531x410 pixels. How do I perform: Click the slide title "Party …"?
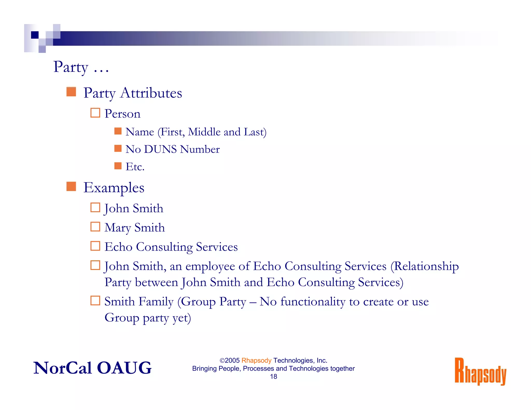coord(81,67)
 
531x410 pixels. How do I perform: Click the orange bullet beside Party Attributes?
coord(71,92)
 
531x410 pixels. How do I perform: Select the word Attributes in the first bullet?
coord(151,93)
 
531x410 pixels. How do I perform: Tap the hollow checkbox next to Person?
coord(95,113)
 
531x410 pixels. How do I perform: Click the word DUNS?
coord(160,149)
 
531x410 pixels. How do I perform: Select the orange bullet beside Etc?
coord(118,166)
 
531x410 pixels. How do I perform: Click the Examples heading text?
coord(114,188)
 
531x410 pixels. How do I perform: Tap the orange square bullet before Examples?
coord(71,186)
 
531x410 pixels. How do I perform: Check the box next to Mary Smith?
coord(95,227)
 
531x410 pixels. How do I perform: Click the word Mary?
coord(117,228)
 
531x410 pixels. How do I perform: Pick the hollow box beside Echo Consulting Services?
coord(95,246)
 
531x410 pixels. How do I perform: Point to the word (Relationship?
coord(424,266)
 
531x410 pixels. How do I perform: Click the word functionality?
coord(313,302)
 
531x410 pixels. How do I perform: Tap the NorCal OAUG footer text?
coord(92,368)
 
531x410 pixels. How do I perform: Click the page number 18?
coord(274,377)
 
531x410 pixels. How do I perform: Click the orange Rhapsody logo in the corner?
coord(480,371)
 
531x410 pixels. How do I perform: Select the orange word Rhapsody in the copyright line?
coord(256,360)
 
